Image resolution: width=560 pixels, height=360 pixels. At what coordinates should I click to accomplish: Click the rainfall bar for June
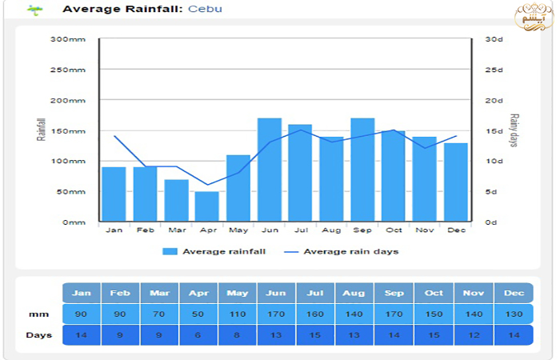(269, 170)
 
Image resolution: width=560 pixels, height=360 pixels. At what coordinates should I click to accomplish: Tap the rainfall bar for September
(362, 170)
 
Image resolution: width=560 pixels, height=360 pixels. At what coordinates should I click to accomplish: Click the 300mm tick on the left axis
(69, 39)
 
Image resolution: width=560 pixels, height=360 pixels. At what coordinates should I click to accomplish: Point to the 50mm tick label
(71, 192)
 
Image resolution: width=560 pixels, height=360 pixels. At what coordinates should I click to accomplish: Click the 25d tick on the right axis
(494, 70)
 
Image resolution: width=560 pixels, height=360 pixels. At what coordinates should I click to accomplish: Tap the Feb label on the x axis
(145, 230)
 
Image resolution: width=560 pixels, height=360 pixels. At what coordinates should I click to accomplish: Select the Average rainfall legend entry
(214, 251)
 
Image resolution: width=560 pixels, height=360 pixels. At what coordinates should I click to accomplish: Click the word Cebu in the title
(205, 10)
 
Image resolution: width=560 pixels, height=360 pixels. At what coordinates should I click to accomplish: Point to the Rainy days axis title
(514, 130)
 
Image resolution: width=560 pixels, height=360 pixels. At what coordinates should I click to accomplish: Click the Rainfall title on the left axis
(42, 130)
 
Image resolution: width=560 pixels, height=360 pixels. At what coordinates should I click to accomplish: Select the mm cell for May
(237, 314)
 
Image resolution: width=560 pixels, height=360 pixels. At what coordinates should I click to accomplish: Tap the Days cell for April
(198, 334)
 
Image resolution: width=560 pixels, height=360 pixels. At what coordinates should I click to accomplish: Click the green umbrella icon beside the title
(34, 10)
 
